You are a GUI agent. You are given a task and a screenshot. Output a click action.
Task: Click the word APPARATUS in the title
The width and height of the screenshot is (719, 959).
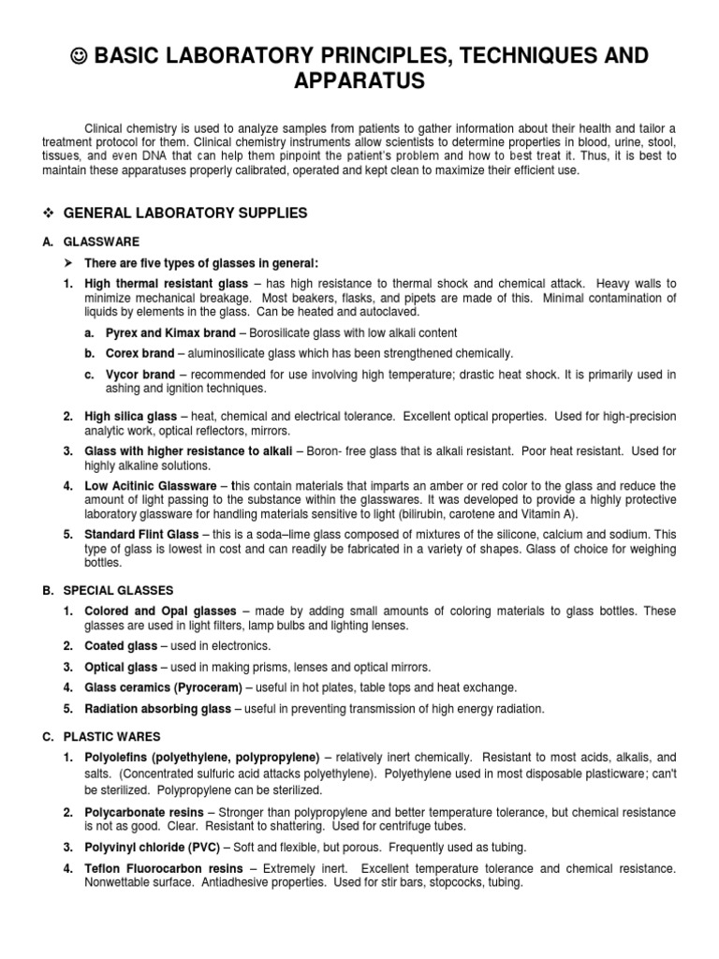[x=360, y=82]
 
